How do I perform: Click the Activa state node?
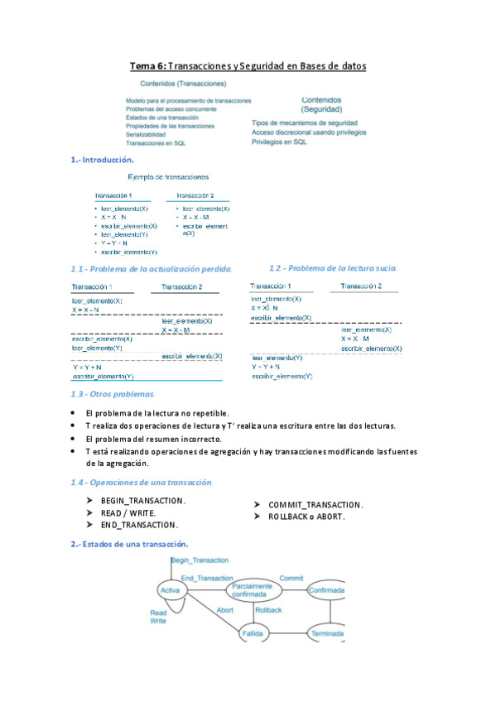click(171, 590)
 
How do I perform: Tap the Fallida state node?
click(252, 632)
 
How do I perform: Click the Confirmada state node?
click(326, 590)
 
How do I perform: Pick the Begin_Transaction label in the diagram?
click(200, 560)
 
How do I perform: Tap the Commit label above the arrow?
click(291, 578)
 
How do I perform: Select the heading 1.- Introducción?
click(103, 160)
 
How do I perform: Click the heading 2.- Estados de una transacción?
click(129, 544)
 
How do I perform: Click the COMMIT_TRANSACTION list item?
click(315, 505)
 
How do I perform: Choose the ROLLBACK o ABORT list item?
click(306, 516)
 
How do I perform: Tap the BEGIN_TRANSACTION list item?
click(143, 502)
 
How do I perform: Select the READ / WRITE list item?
click(128, 513)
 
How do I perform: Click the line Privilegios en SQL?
click(279, 142)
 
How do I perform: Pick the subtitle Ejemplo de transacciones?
click(169, 176)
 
